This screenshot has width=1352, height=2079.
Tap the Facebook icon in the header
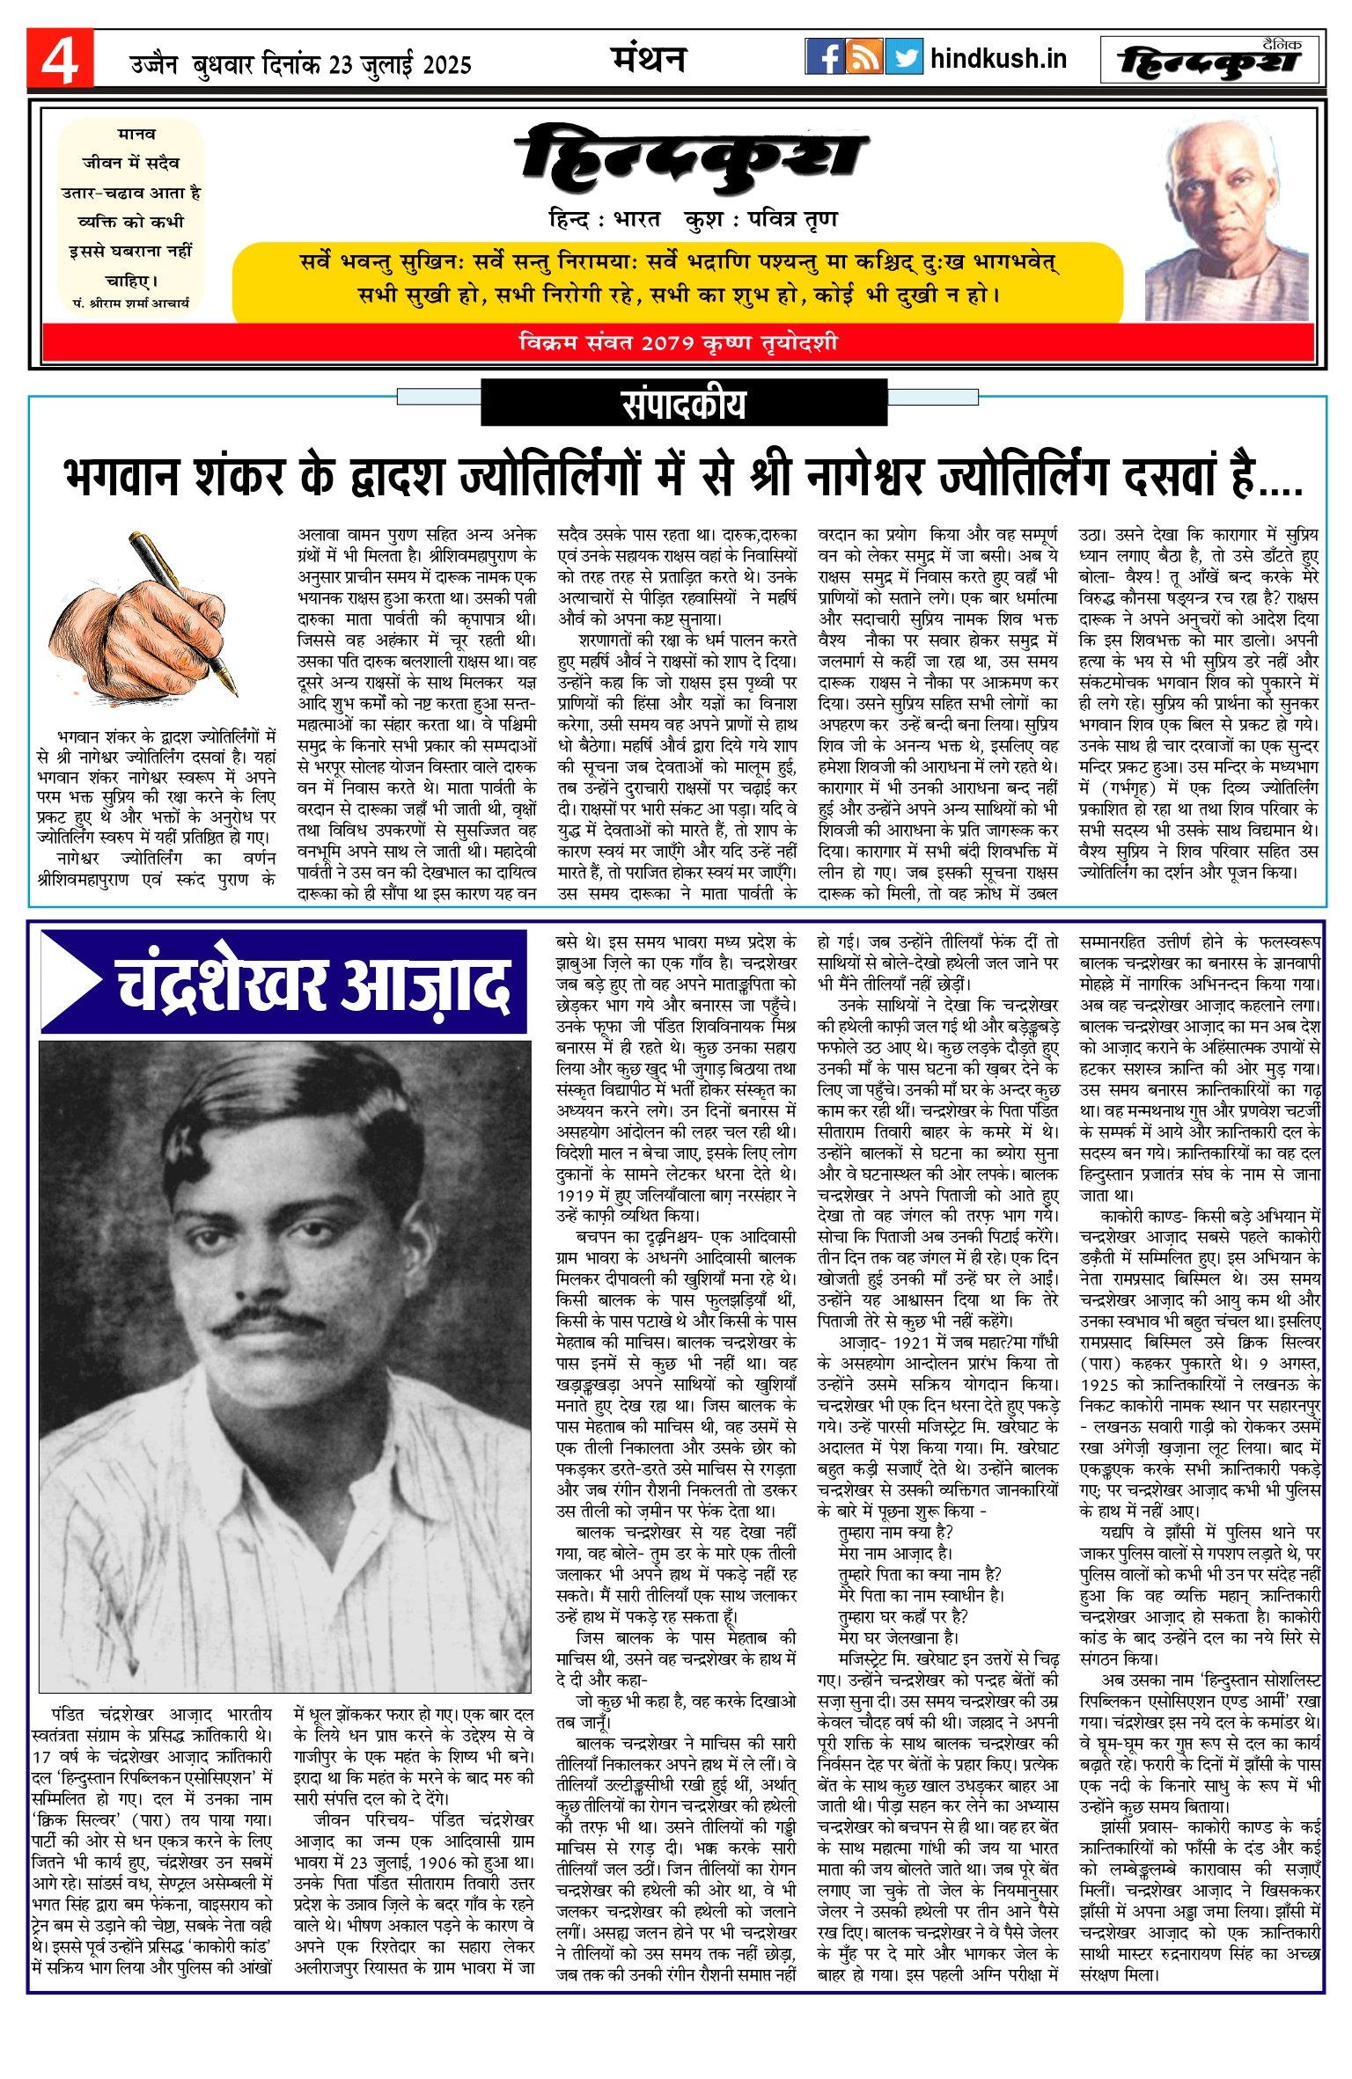824,57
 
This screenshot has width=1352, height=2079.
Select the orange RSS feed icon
863,57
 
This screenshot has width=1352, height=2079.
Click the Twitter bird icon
903,57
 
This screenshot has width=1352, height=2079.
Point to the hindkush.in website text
997,59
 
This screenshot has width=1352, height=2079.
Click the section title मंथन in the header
649,59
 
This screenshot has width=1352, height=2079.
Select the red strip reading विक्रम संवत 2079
678,342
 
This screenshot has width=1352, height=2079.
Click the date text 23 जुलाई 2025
400,65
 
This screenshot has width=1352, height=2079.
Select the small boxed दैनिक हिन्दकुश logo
1210,60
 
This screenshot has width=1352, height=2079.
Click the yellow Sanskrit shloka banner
678,279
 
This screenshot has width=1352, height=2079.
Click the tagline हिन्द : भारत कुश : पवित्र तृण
693,219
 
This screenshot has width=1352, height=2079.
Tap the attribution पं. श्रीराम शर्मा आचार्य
131,303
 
